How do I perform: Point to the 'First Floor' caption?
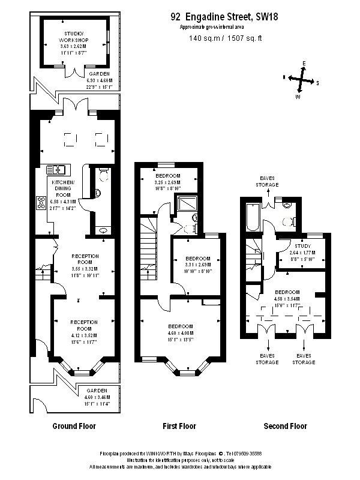(179, 427)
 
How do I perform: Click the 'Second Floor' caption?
(285, 427)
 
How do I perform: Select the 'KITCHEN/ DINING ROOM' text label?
(63, 189)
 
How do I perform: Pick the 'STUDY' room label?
(302, 245)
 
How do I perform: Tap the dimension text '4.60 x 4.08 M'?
(181, 331)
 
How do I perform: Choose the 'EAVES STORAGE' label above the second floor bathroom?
(268, 181)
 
